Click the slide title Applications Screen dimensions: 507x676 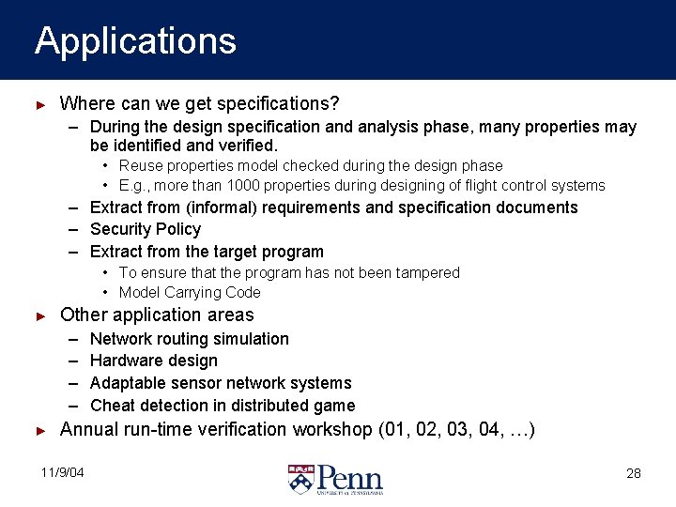(x=135, y=41)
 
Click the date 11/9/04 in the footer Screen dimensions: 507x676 (x=62, y=472)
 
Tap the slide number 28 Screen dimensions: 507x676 (x=634, y=473)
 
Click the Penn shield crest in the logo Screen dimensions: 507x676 (x=300, y=479)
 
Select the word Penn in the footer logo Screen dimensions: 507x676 (x=349, y=476)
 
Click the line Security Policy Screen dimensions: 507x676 (x=146, y=229)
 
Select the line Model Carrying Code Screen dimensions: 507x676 (x=190, y=292)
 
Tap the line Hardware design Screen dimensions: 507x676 (x=153, y=361)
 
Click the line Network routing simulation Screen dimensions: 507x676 (x=189, y=339)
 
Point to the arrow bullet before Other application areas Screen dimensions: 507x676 (x=40, y=315)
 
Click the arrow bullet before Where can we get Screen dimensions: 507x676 (x=40, y=103)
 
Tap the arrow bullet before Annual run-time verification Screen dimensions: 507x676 (x=40, y=430)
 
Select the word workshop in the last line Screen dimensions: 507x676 (x=332, y=430)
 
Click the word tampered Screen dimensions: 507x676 (x=426, y=272)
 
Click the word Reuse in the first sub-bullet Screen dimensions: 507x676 (x=138, y=165)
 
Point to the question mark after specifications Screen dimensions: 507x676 (x=334, y=102)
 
